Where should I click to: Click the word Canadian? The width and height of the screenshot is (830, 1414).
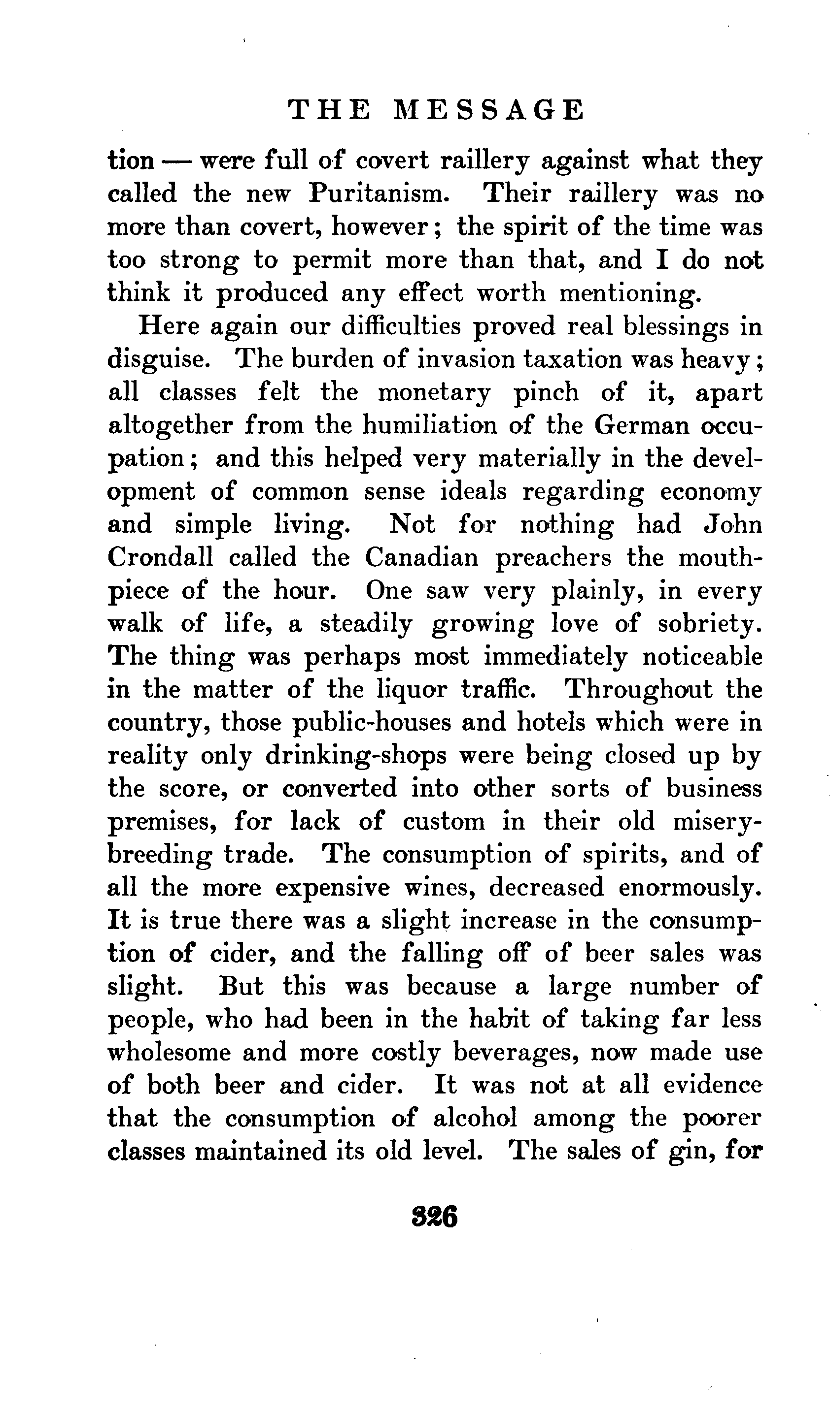tap(422, 557)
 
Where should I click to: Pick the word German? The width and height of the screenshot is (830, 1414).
tap(641, 425)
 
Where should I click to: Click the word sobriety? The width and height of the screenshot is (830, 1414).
tap(710, 624)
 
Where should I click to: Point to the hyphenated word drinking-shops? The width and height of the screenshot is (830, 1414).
tap(355, 756)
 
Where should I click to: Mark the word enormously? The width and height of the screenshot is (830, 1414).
tap(690, 888)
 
